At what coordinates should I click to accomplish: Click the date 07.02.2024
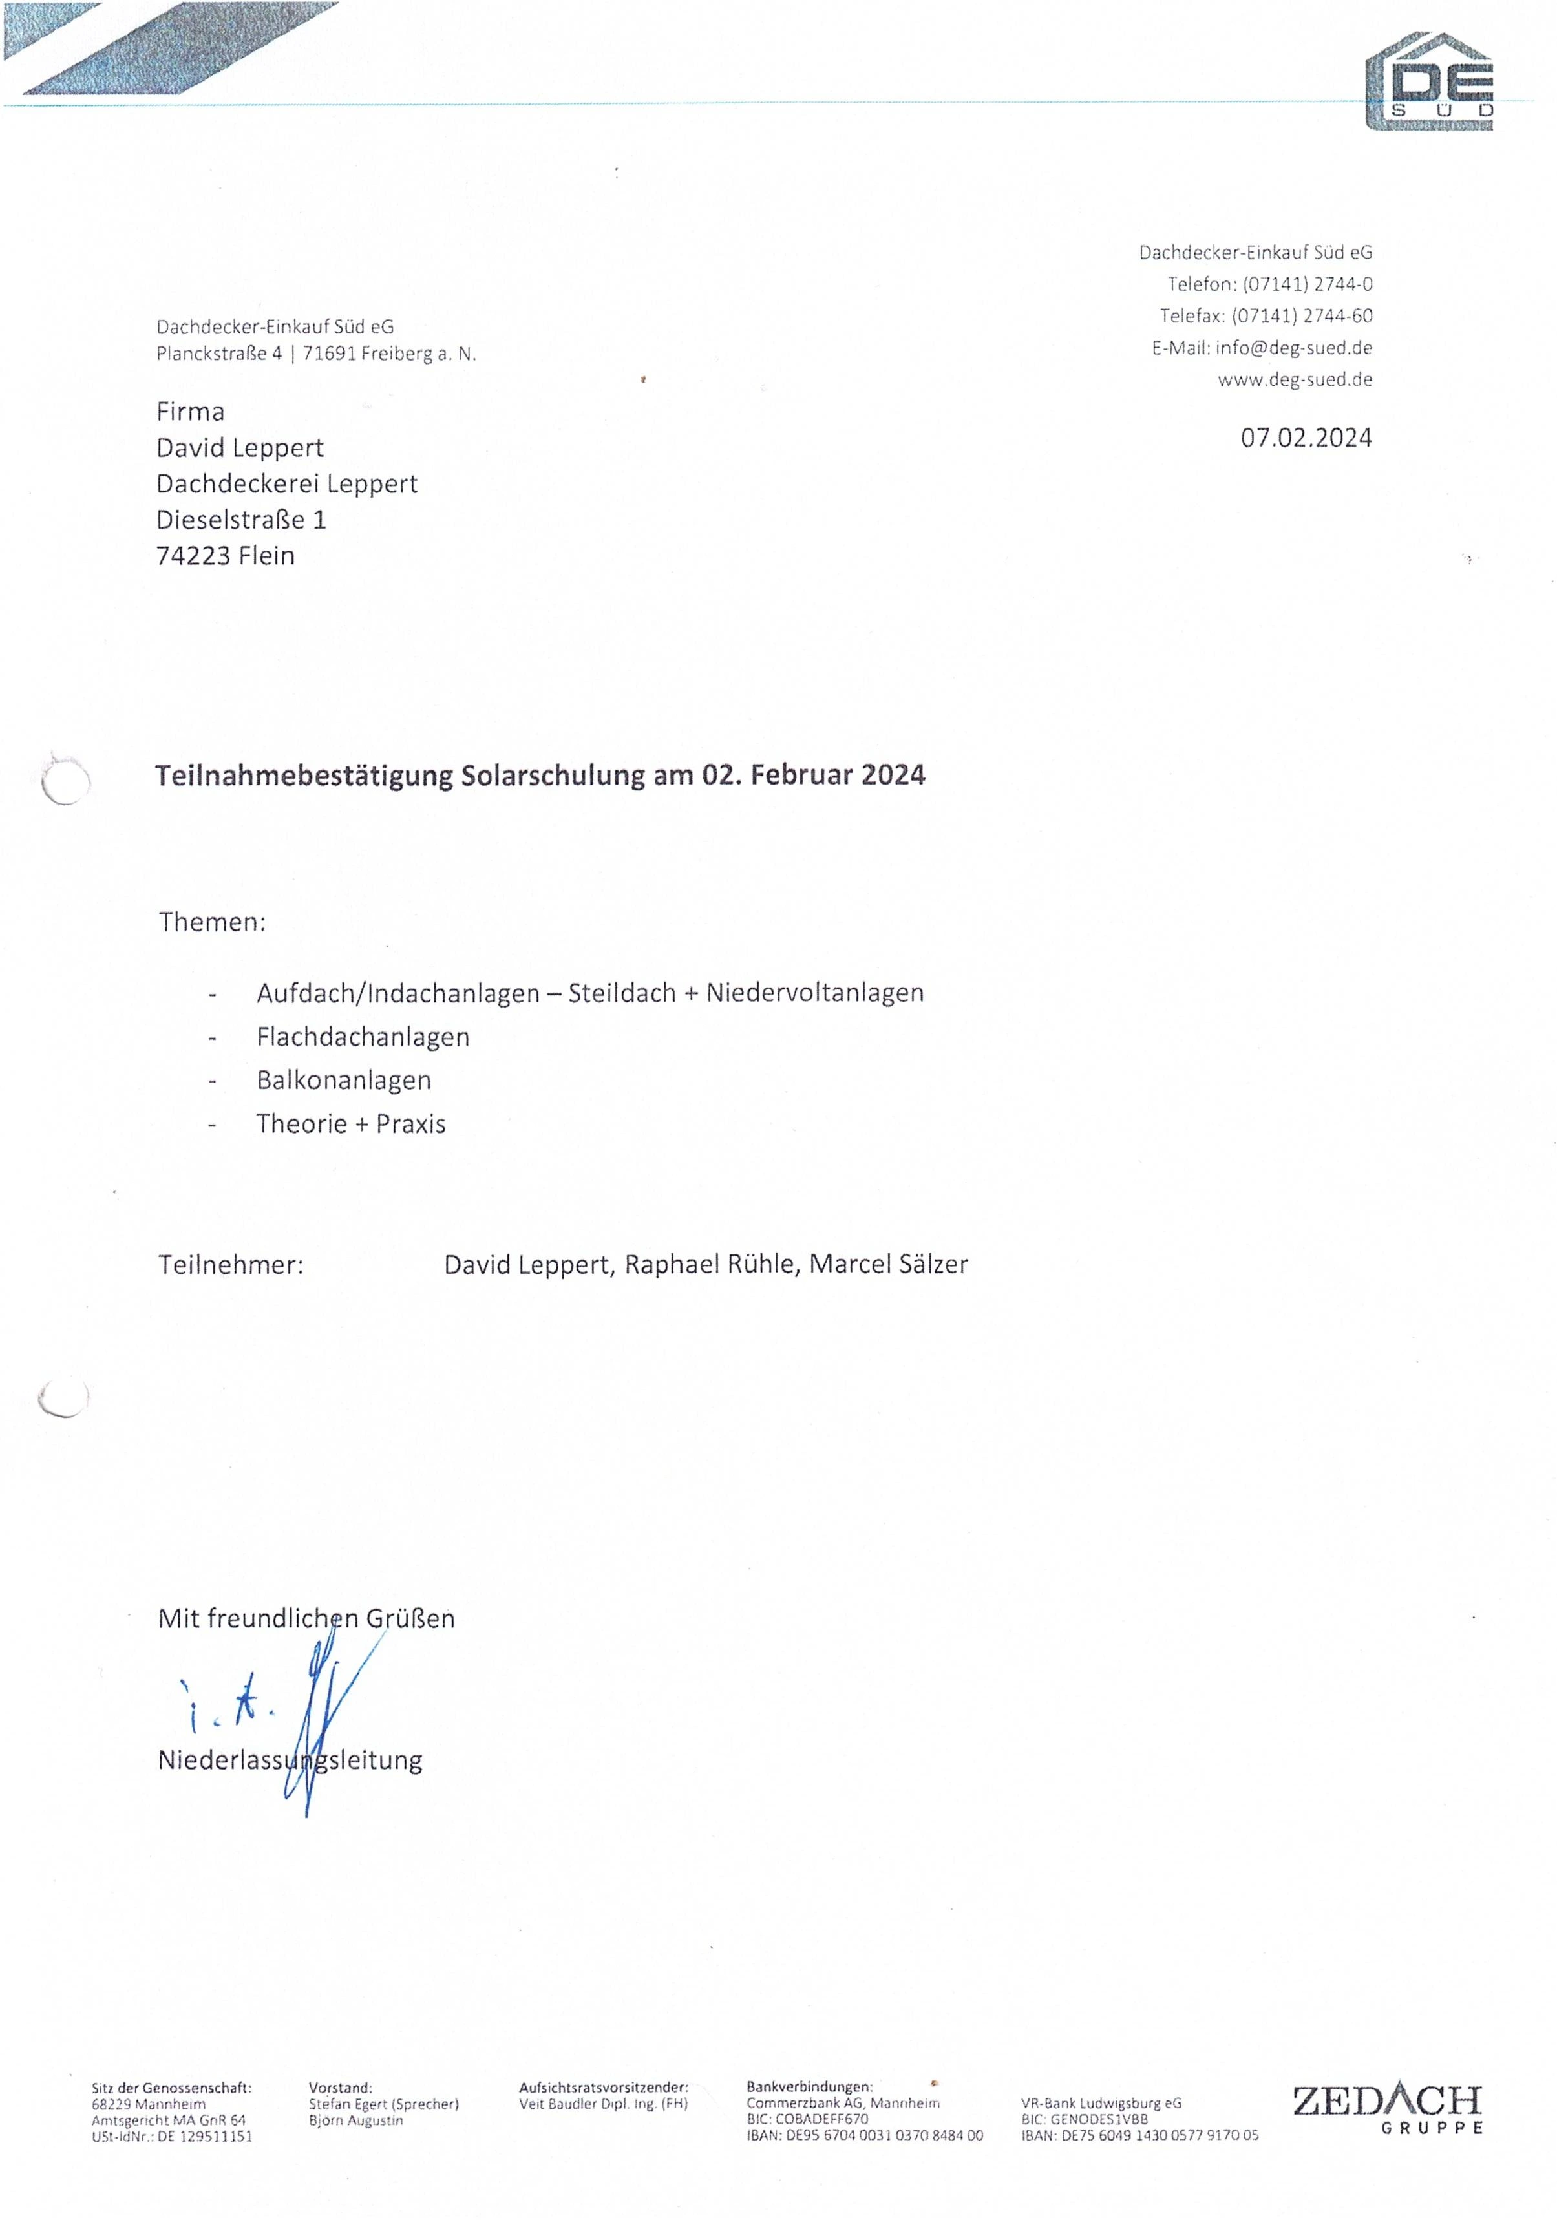click(x=1306, y=438)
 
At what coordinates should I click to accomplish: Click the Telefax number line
click(x=1266, y=316)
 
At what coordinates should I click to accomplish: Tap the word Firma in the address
click(x=191, y=412)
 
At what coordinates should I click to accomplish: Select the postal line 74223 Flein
click(x=226, y=556)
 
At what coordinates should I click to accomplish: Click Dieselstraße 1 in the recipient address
click(x=242, y=520)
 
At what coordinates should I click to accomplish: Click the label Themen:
click(x=212, y=922)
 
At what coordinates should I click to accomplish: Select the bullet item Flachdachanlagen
click(x=363, y=1037)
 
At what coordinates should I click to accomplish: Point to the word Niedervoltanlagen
click(x=814, y=993)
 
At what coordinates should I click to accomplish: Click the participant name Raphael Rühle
click(x=712, y=1265)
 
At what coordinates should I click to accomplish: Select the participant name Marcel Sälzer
click(x=888, y=1265)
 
